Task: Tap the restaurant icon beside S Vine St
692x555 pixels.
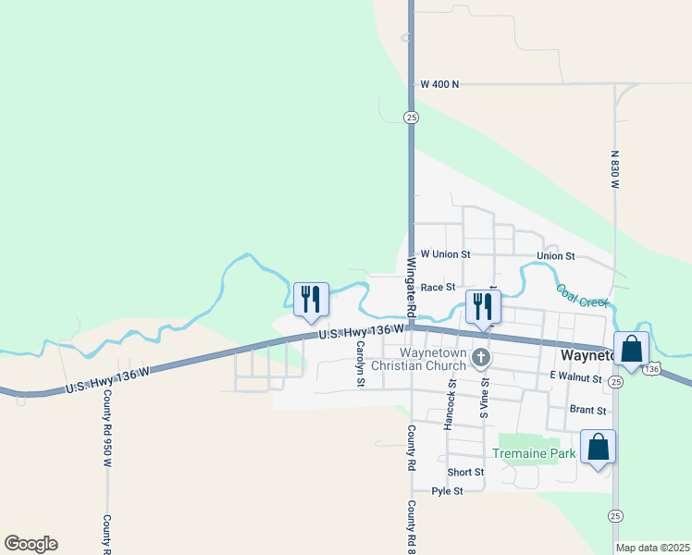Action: [483, 306]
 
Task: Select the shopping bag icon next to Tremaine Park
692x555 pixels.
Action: [599, 447]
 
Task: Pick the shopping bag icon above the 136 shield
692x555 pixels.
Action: [631, 350]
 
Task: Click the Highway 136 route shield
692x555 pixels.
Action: [652, 369]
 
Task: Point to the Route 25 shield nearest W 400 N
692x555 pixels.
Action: [411, 117]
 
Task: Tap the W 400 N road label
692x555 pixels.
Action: [439, 84]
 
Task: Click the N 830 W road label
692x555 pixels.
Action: [613, 170]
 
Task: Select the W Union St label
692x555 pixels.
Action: [445, 254]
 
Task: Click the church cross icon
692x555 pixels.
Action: [481, 357]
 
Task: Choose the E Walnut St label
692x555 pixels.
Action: [575, 376]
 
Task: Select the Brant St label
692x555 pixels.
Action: [588, 410]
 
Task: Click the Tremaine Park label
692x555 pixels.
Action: [534, 453]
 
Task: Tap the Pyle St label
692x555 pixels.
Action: [447, 491]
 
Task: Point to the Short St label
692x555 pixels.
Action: [465, 472]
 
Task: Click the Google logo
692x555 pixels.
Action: [31, 544]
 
